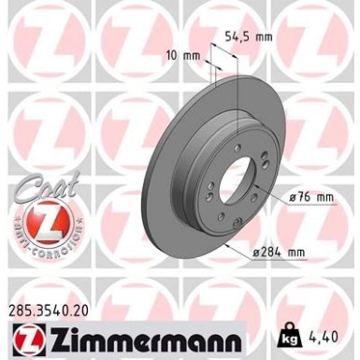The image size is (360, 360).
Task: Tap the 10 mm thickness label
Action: [191, 55]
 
